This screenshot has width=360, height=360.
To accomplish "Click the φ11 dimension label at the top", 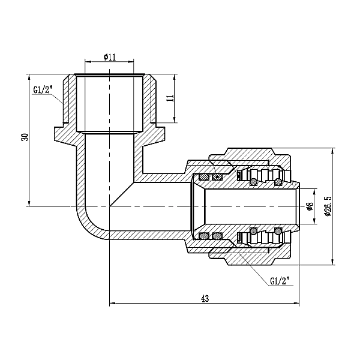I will point(109,57).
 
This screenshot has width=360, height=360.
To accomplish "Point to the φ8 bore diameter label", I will point(310,206).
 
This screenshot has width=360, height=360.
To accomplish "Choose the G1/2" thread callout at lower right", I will point(281,280).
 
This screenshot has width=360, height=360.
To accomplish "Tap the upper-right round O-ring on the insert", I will point(278,181).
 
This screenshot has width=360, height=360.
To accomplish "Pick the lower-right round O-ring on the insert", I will point(278,231).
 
